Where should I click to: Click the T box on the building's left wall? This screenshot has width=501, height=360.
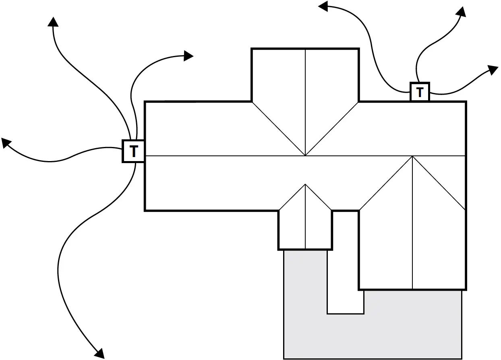133,151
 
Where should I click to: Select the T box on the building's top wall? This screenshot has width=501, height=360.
420,92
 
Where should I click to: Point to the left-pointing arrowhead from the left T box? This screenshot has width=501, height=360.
6,142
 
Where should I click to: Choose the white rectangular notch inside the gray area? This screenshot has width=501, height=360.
346,290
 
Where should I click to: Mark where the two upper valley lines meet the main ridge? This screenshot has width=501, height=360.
305,155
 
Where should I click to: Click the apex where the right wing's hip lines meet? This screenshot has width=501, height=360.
412,156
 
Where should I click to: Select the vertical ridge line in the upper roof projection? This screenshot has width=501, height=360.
305,101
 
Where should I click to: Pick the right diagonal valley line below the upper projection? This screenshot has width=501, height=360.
332,128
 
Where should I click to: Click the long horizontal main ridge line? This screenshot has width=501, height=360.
222,155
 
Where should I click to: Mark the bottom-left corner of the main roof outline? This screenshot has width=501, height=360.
145,210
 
